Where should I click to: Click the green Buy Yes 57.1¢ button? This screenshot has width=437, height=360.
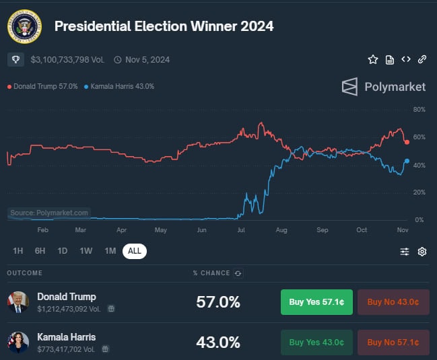[316, 302]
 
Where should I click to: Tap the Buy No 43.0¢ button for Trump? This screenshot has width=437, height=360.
[393, 302]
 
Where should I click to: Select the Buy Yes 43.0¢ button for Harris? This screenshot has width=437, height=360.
[316, 342]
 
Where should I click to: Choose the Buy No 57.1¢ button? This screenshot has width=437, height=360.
[393, 342]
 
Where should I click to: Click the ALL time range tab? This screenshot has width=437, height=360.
[135, 251]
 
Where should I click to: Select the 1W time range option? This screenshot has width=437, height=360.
[86, 251]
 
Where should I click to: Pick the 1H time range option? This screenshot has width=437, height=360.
[18, 251]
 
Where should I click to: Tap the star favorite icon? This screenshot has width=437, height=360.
[373, 59]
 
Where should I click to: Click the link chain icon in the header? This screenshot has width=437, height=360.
[422, 59]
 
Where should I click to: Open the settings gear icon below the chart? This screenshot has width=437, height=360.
[422, 252]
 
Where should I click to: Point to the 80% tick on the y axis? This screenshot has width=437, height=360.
[419, 109]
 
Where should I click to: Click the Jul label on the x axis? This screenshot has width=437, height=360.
[242, 230]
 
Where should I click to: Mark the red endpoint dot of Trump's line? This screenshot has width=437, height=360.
[407, 142]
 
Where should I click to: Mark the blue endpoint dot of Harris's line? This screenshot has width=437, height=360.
[407, 161]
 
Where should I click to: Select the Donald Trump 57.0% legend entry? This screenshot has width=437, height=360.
[44, 86]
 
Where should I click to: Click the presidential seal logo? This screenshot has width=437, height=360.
[24, 26]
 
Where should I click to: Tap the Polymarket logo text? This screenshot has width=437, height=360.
[395, 86]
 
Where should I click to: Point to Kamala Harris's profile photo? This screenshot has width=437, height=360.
[18, 342]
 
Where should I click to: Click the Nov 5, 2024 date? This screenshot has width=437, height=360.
[146, 60]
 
